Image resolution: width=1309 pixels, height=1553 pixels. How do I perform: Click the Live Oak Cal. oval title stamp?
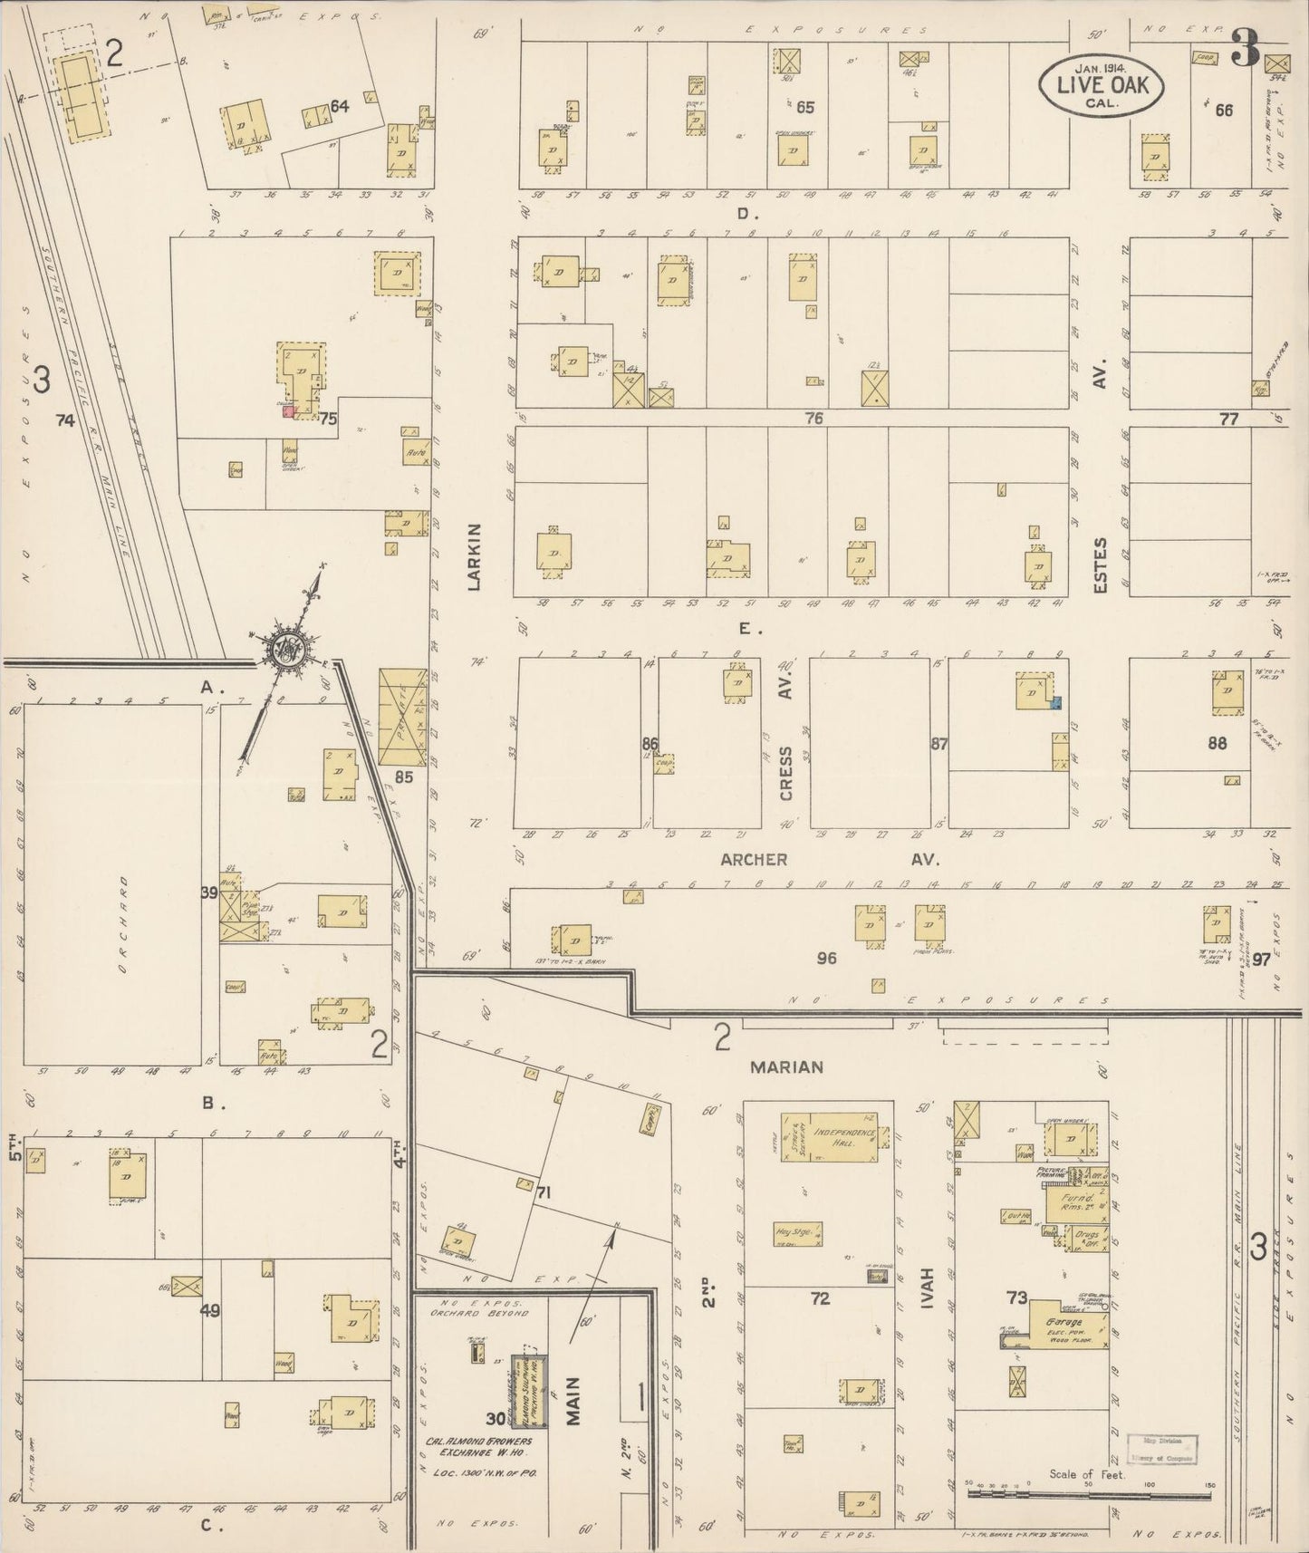(1102, 83)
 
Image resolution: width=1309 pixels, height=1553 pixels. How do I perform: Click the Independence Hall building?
(843, 1136)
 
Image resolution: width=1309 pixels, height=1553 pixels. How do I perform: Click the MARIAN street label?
(786, 1067)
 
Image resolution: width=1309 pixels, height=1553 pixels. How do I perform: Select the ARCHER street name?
(754, 859)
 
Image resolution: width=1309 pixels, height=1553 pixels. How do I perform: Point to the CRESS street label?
(785, 773)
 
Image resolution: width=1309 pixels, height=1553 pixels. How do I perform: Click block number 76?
(813, 418)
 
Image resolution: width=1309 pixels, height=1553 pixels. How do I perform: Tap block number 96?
(826, 958)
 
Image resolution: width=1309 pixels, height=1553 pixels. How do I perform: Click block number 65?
(804, 107)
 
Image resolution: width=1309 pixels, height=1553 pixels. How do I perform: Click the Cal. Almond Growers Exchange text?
(478, 1447)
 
